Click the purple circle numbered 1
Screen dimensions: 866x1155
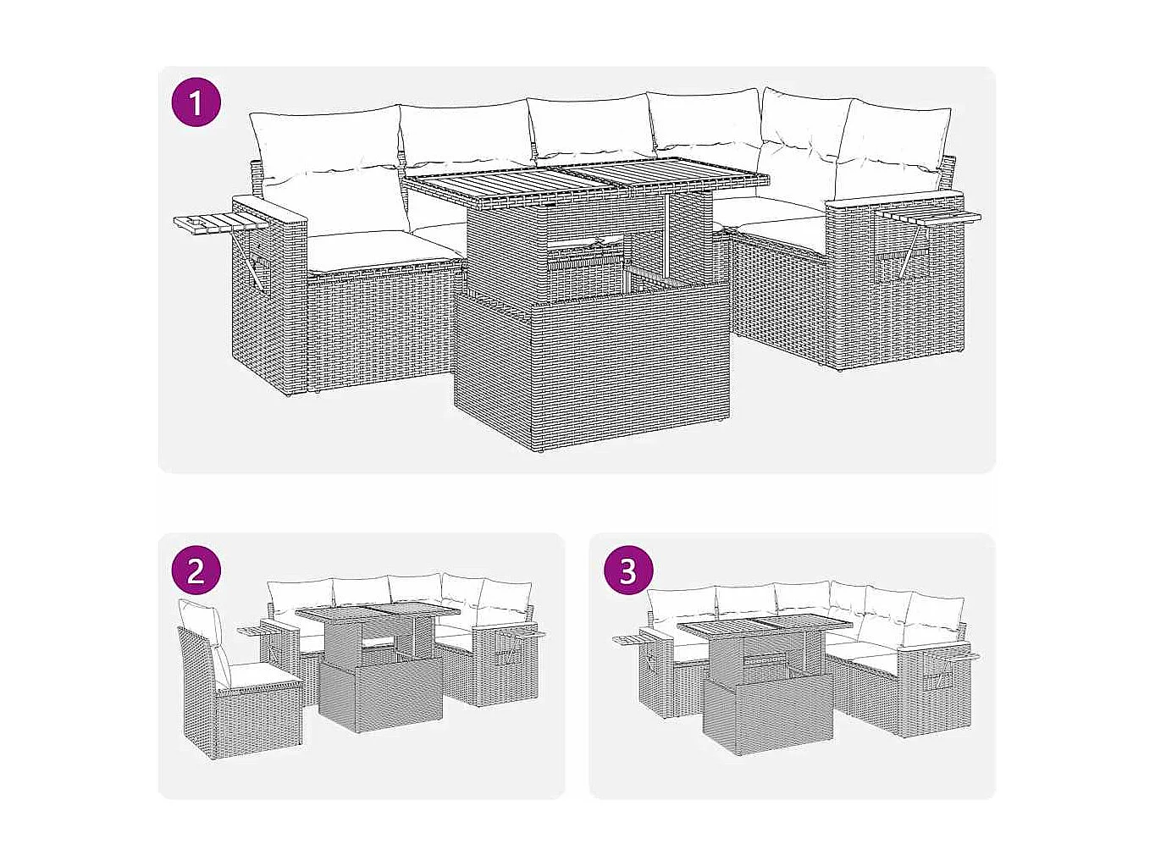click(x=196, y=104)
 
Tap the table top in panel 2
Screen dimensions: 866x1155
click(x=377, y=610)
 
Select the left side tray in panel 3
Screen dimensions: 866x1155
click(x=631, y=639)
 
